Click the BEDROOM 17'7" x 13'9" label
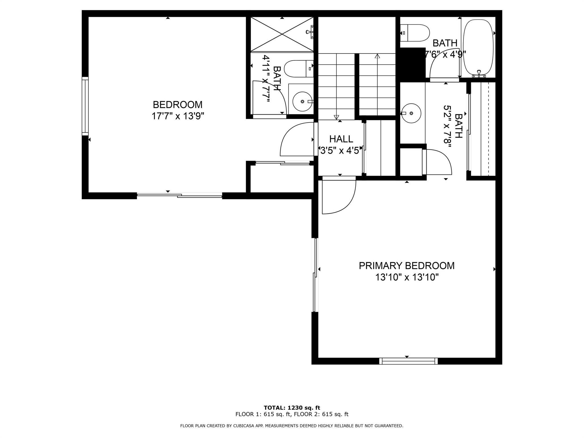tap(178, 110)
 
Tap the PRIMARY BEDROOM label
tap(407, 265)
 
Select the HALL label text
tap(341, 139)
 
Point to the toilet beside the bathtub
tap(415, 33)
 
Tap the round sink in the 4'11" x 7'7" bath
tap(303, 101)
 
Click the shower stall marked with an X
tap(282, 35)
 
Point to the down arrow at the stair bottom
tap(336, 117)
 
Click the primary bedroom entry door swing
tap(339, 197)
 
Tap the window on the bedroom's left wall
tap(85, 106)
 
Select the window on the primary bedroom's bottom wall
tap(408, 361)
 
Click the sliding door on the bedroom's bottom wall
tap(179, 195)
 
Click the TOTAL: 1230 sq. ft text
tap(292, 408)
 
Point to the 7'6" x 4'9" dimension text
tap(445, 54)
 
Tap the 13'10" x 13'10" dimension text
tap(407, 277)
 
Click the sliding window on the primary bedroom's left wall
tap(315, 275)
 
